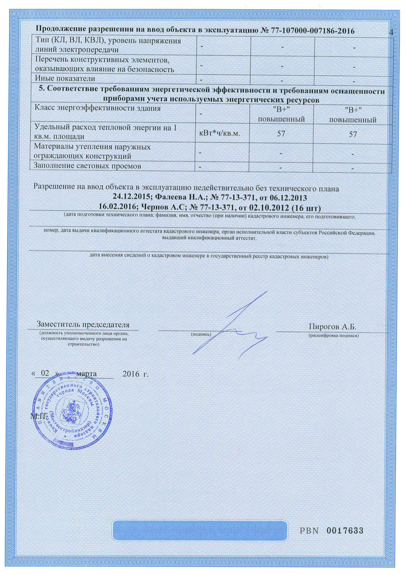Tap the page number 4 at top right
click(x=391, y=32)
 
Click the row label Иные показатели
click(x=65, y=79)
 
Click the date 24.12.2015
click(x=131, y=198)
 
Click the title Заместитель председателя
click(x=83, y=324)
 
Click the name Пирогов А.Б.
click(x=332, y=327)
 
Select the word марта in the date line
click(x=86, y=374)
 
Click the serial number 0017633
click(x=345, y=531)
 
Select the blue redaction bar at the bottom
click(x=200, y=530)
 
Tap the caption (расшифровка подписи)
click(x=333, y=336)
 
